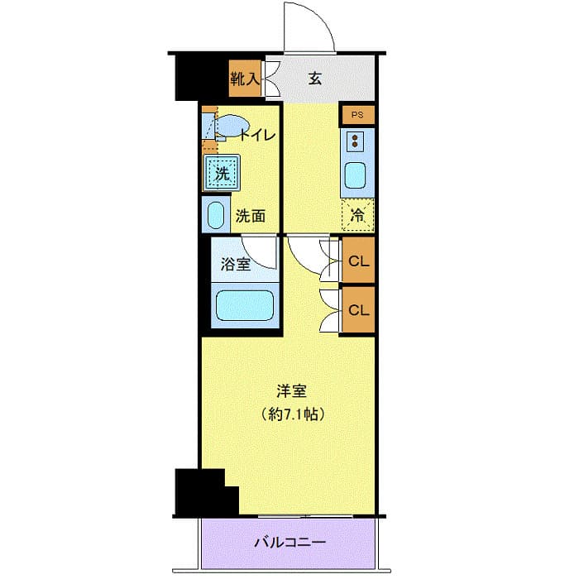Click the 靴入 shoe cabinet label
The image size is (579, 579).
246,79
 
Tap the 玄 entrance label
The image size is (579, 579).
315,79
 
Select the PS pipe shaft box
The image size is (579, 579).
357,115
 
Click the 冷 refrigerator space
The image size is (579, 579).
358,214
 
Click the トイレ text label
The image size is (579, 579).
257,136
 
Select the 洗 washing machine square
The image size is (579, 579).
222,174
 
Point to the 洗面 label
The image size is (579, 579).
251,217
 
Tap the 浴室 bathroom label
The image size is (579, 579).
236,266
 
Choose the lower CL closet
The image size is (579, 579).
358,310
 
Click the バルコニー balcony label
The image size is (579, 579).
289,543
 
